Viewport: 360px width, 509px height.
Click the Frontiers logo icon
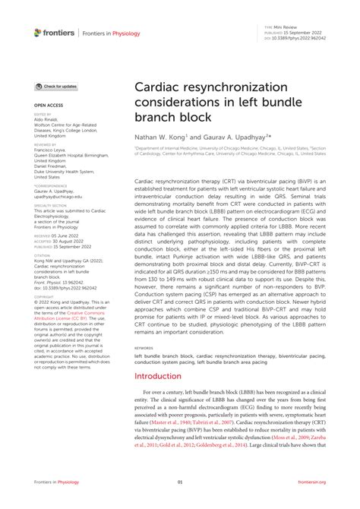39,33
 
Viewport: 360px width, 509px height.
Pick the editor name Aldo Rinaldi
49,120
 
